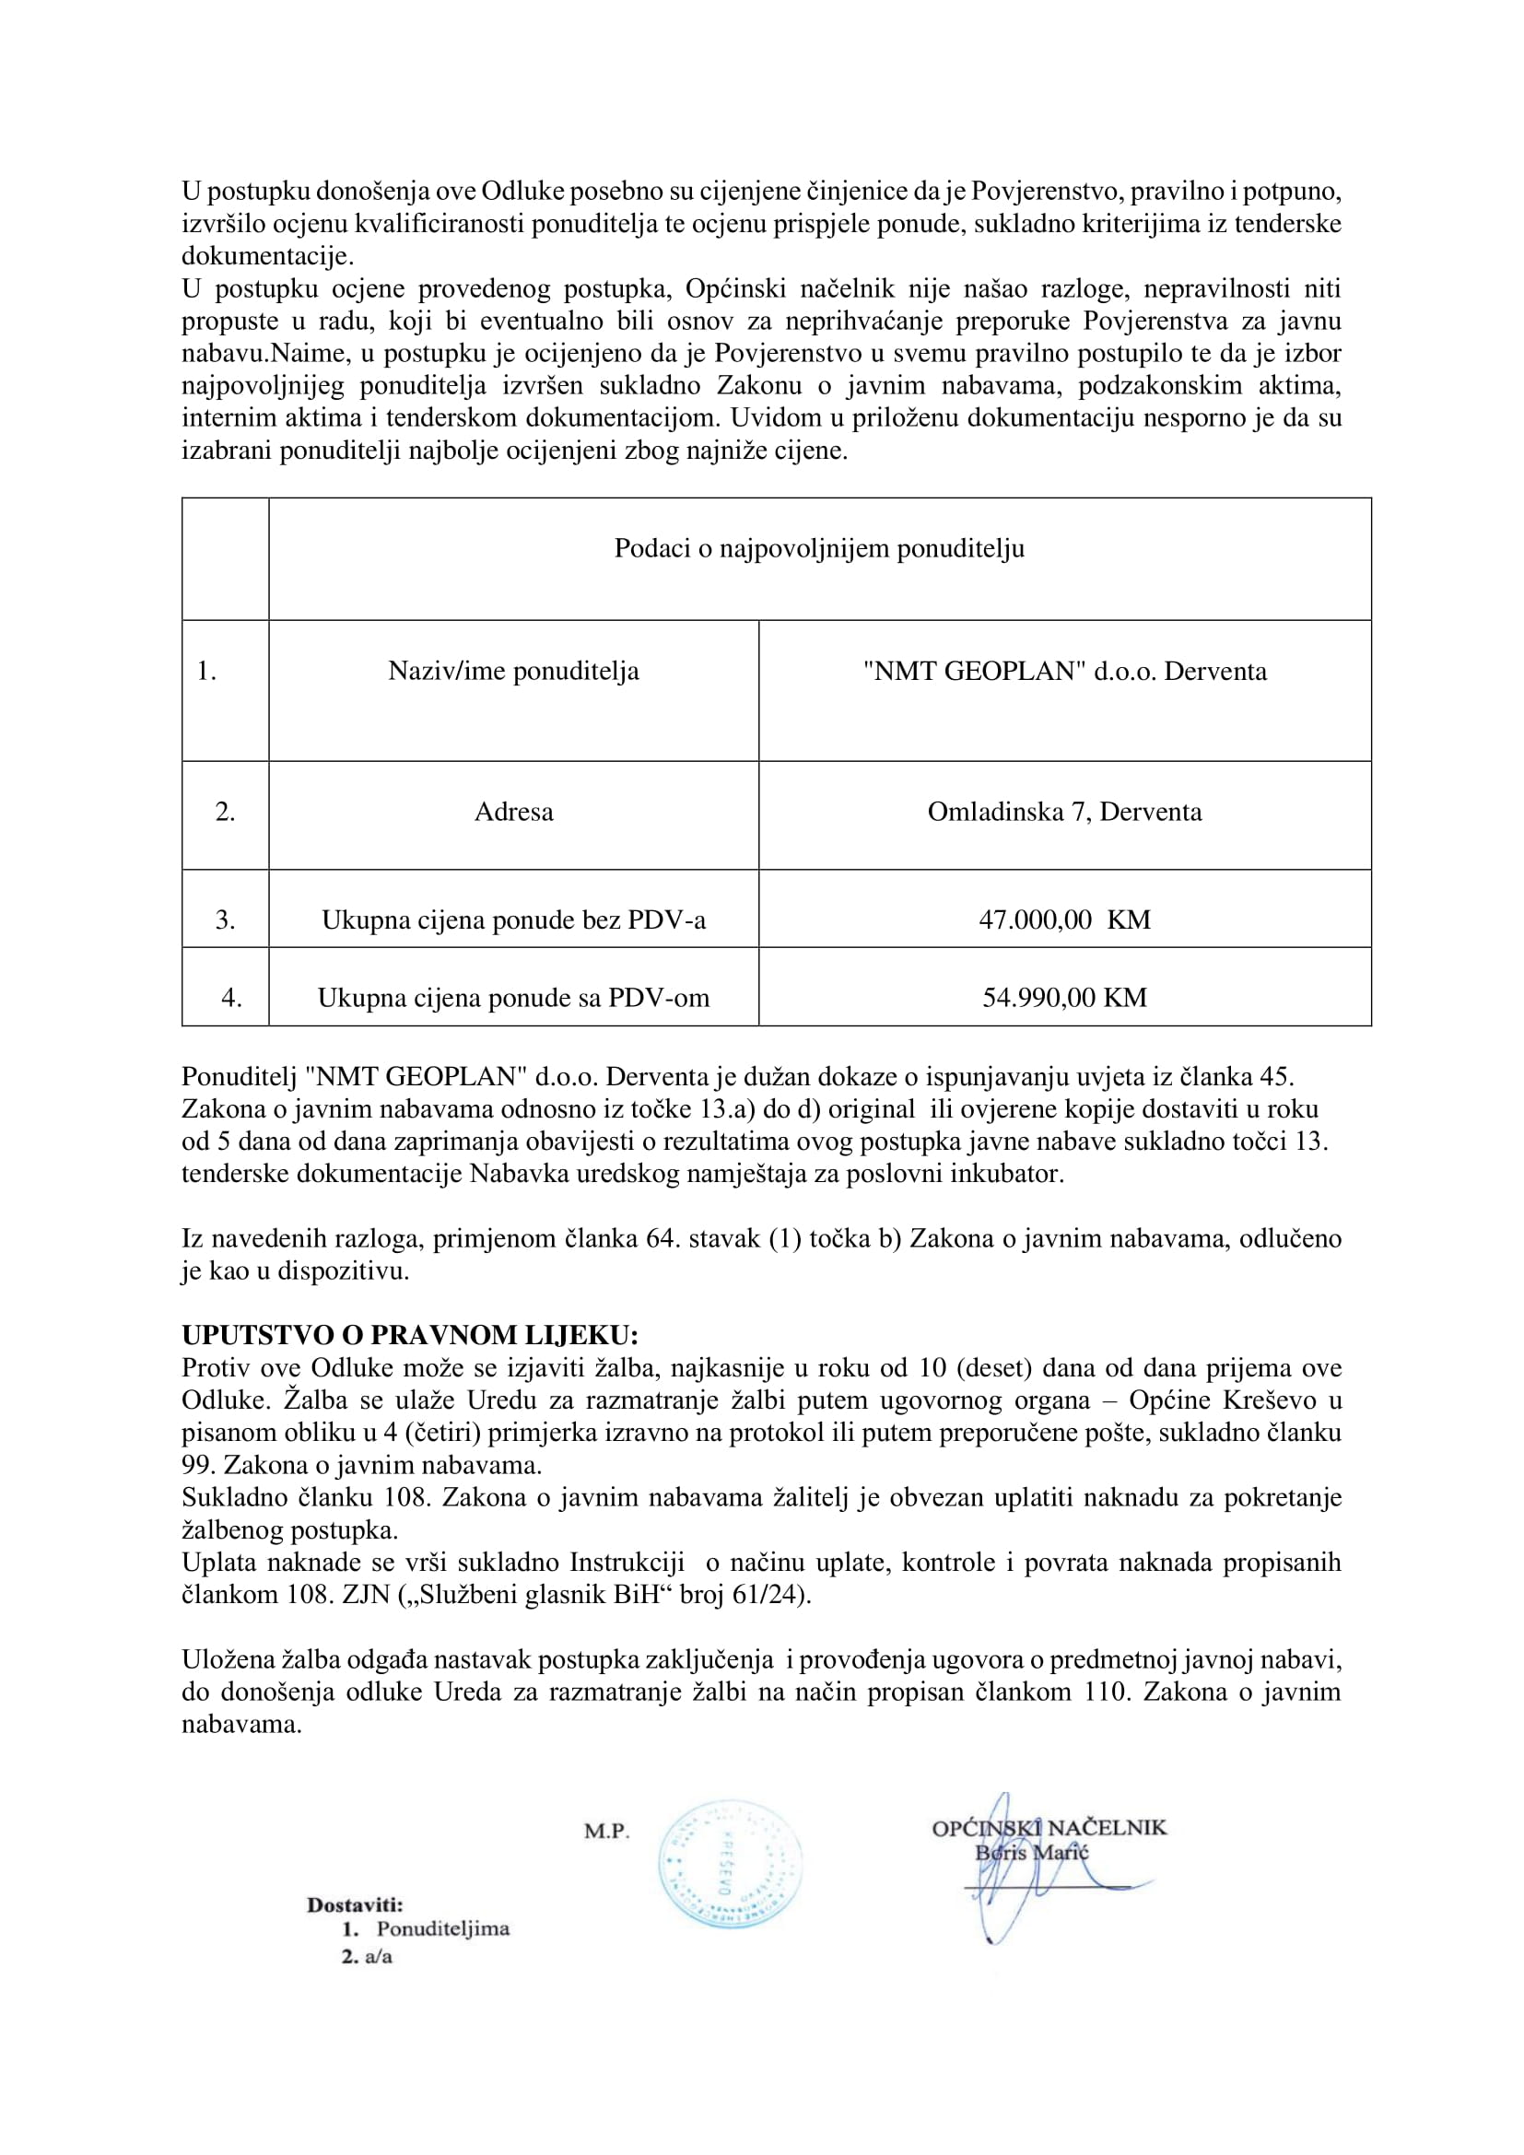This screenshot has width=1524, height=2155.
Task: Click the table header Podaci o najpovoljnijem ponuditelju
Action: (x=818, y=548)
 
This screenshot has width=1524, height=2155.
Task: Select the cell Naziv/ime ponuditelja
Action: (x=513, y=671)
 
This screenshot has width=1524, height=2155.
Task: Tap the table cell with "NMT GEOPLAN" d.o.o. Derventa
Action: (x=1064, y=671)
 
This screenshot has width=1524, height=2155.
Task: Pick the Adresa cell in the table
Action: (x=513, y=812)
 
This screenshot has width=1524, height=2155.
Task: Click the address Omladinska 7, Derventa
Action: (x=1064, y=812)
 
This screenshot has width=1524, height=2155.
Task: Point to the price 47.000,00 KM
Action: (x=1064, y=919)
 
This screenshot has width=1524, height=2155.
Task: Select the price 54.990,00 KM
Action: (x=1064, y=998)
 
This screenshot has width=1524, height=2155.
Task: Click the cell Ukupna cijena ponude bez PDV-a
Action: (x=513, y=919)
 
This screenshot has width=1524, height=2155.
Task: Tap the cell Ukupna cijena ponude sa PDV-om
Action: (x=513, y=998)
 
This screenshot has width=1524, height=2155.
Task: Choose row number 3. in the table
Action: (x=225, y=919)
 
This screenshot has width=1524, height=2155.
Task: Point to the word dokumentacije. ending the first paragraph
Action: (x=267, y=256)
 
